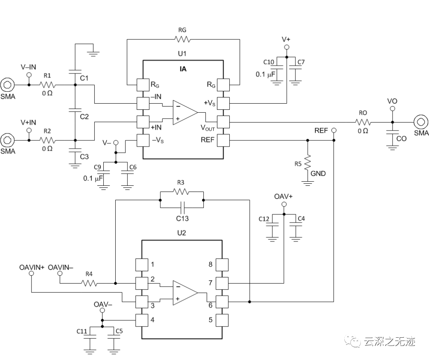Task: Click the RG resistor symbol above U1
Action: pyautogui.click(x=182, y=39)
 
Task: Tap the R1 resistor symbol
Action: pyautogui.click(x=48, y=85)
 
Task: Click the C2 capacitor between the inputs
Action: pyautogui.click(x=75, y=110)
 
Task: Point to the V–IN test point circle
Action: pyautogui.click(x=29, y=75)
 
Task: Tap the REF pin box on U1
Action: pyautogui.click(x=223, y=140)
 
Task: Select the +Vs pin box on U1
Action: pyautogui.click(x=223, y=103)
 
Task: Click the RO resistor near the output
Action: pyautogui.click(x=363, y=122)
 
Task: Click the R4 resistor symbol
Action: pyautogui.click(x=89, y=283)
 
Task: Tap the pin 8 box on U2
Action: pyautogui.click(x=223, y=265)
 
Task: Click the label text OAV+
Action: pyautogui.click(x=283, y=197)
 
